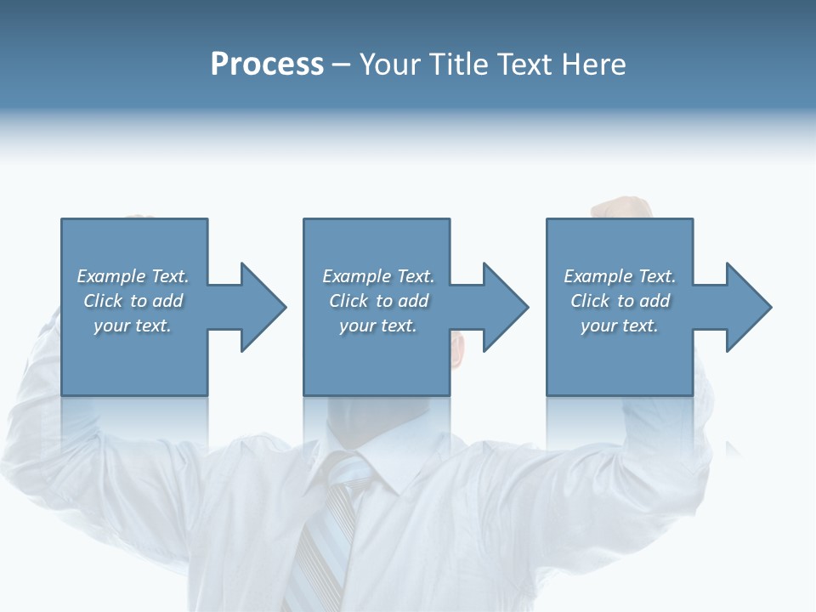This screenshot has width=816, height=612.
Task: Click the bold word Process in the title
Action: (267, 65)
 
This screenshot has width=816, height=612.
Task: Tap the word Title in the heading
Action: (459, 65)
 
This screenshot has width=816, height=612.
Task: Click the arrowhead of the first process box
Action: (263, 307)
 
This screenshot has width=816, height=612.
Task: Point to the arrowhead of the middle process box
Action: (505, 307)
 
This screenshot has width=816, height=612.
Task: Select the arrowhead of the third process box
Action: (748, 307)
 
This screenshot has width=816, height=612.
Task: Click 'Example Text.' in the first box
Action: (133, 276)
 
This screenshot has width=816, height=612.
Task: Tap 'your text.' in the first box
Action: (133, 326)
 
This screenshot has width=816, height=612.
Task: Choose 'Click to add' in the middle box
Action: (378, 301)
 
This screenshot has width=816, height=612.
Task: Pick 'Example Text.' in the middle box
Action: (378, 276)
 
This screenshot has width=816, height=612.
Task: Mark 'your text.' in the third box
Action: (620, 326)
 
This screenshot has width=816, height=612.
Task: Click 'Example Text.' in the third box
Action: (620, 276)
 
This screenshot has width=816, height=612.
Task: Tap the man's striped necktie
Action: (327, 527)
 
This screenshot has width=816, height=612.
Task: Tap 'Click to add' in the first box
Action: (133, 301)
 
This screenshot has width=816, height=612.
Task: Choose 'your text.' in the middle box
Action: (378, 326)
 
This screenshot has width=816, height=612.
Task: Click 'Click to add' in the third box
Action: (620, 301)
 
